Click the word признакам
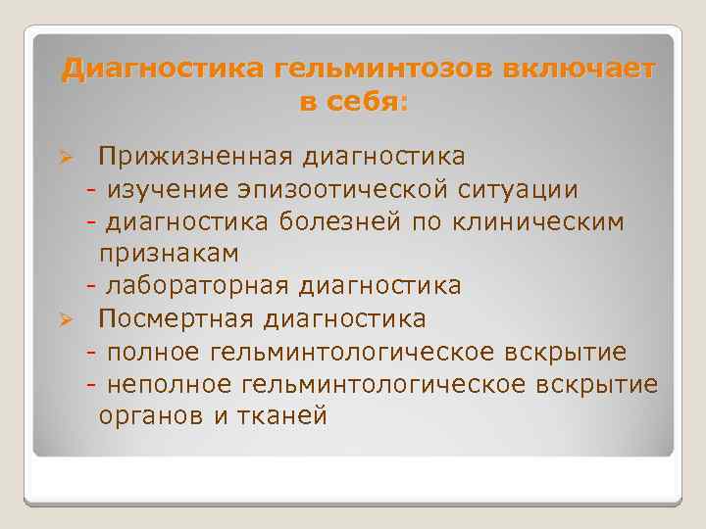click(169, 253)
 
